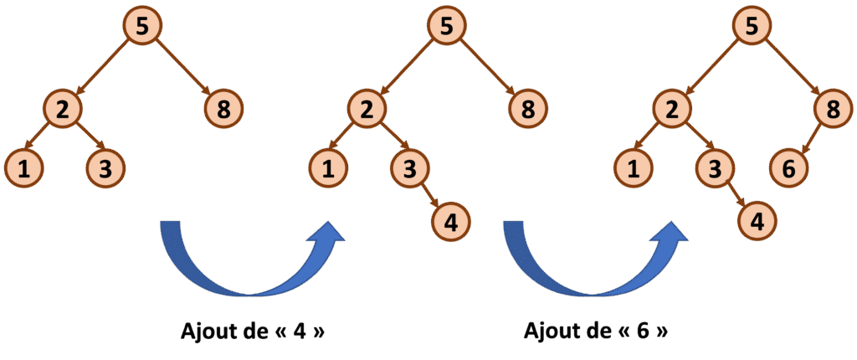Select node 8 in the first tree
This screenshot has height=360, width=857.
(223, 108)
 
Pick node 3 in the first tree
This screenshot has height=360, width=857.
(105, 168)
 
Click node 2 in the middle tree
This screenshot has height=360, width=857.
(365, 108)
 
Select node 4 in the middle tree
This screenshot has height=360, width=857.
(451, 222)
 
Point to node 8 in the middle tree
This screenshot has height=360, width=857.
(528, 108)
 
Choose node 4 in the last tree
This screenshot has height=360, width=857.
(757, 222)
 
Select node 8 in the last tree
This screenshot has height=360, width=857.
(834, 108)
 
